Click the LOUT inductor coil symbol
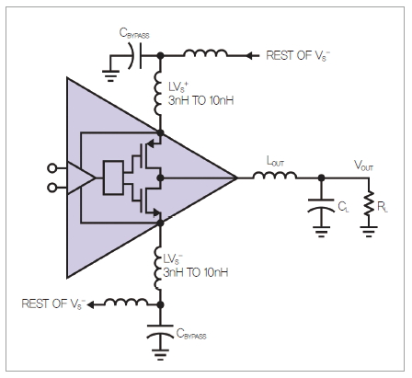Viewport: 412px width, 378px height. [275, 176]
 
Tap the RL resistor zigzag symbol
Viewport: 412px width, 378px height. [369, 203]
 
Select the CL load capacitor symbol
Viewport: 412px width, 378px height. [321, 205]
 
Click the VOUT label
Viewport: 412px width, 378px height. [363, 166]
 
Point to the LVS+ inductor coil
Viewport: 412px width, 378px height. [157, 94]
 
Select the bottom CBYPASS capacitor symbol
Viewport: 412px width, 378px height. [160, 330]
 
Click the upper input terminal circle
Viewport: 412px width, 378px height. [52, 168]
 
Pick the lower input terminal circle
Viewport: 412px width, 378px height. [52, 188]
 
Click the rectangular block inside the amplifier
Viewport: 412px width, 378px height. [113, 178]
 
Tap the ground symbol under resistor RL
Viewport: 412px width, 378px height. [369, 232]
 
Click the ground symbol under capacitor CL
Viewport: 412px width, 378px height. [321, 232]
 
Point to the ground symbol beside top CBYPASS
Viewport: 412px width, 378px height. [110, 76]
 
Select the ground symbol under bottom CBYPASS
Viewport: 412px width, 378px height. [160, 353]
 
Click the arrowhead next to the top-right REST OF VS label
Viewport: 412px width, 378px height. [251, 56]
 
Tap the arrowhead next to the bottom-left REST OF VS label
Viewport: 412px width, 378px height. [91, 304]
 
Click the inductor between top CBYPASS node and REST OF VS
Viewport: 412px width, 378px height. [205, 53]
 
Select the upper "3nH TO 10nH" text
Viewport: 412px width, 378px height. [201, 100]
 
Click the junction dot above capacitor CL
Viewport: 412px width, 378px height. [321, 178]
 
